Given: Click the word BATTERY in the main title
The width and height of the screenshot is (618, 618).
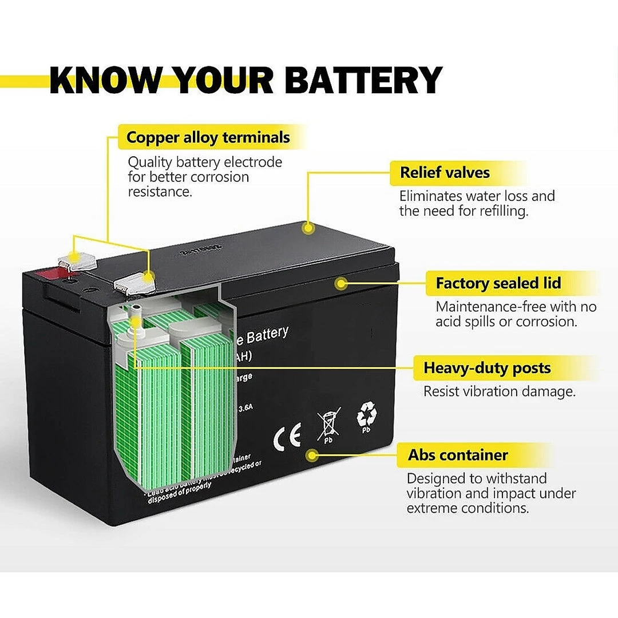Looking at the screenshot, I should point(363,80).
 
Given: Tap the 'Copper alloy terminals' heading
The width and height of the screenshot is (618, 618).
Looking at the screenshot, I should point(208,138).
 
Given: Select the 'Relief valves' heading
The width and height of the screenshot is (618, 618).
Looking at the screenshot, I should point(445,173).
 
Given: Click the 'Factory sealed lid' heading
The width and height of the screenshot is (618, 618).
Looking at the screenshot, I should point(498,283).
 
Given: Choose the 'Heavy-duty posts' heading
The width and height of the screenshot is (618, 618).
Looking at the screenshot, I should point(487,368).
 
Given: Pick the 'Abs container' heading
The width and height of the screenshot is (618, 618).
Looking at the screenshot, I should point(458,455).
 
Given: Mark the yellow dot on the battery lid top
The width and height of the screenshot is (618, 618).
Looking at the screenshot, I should point(309,228).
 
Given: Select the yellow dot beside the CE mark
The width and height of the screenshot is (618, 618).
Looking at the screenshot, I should point(312,455).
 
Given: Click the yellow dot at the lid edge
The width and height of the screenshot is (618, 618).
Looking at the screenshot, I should point(342,283).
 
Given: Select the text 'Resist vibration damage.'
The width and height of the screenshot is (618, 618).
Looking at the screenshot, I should point(499,392).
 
